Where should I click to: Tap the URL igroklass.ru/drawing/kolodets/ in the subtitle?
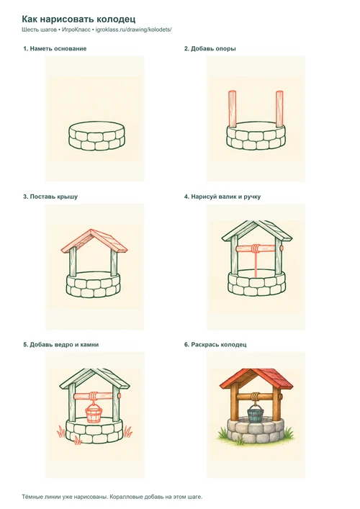click(x=134, y=30)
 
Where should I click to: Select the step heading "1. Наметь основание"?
click(x=55, y=49)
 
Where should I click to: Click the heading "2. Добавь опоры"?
click(x=210, y=49)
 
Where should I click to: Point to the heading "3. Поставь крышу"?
click(x=50, y=197)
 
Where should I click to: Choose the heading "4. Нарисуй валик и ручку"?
click(x=222, y=197)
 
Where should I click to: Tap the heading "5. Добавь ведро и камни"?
click(x=60, y=345)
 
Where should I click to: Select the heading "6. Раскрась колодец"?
click(x=215, y=345)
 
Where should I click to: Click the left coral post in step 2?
click(x=233, y=109)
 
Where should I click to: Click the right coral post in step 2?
click(x=279, y=109)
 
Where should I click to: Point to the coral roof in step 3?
click(x=94, y=241)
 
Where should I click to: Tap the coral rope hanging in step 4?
click(x=256, y=264)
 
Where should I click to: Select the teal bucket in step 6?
click(x=256, y=413)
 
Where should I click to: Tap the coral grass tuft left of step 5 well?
click(x=61, y=433)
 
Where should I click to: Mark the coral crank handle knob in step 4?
click(x=282, y=248)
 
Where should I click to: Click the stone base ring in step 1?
click(x=96, y=136)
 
